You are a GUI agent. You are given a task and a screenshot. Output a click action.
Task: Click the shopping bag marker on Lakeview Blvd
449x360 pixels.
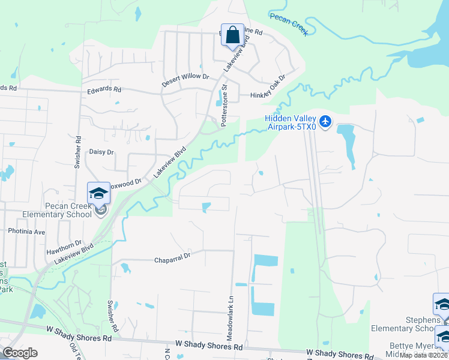coord(232,35)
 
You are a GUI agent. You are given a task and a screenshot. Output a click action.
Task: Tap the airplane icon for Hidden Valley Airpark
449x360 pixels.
coord(325,122)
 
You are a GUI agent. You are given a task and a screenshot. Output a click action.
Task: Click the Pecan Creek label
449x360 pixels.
coord(289,25)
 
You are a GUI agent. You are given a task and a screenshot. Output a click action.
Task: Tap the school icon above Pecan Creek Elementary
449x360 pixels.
coord(98,193)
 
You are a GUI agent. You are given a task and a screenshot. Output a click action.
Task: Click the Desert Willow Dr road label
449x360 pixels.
coord(185,77)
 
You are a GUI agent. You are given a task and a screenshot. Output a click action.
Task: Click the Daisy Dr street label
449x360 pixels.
coord(101,152)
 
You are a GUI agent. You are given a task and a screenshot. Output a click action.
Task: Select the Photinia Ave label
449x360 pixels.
coord(26,231)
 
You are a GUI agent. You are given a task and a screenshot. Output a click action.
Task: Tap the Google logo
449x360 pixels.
coord(20,353)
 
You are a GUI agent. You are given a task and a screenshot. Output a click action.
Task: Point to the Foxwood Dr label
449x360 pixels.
coord(128,181)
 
